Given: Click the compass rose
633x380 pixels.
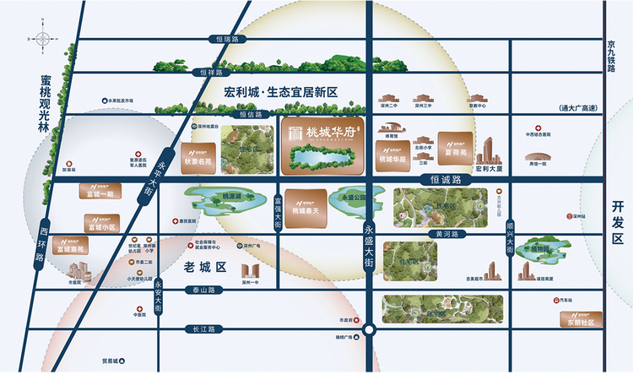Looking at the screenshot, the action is pyautogui.click(x=41, y=39).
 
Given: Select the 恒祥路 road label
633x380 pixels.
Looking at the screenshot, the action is pyautogui.click(x=216, y=73).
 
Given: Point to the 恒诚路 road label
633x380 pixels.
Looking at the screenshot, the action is pyautogui.click(x=445, y=180).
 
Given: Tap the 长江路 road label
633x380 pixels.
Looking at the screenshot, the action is pyautogui.click(x=204, y=328).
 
